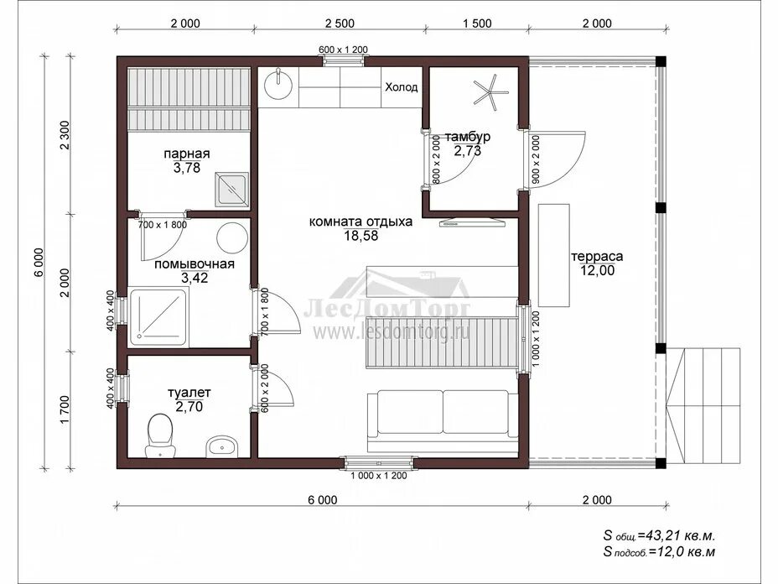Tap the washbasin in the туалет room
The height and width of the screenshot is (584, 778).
click(222, 447)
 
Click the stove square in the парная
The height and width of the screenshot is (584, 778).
click(231, 190)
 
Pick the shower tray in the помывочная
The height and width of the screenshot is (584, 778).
click(158, 317)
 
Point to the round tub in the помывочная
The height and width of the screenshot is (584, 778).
click(232, 238)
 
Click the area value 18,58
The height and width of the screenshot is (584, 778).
click(360, 236)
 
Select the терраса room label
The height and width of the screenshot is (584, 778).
click(597, 257)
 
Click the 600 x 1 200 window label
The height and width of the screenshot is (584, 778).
click(343, 50)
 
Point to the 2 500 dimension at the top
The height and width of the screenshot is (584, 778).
click(340, 23)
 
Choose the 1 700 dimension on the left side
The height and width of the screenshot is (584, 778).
click(65, 410)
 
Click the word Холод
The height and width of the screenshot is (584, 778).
click(402, 87)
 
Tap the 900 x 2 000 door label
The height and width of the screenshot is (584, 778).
click(536, 160)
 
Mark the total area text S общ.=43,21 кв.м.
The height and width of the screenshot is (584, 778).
click(659, 536)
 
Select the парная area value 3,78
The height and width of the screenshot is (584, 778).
click(187, 168)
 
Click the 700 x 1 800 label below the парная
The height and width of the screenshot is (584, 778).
click(163, 225)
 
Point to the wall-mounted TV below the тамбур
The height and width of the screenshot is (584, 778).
click(472, 222)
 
